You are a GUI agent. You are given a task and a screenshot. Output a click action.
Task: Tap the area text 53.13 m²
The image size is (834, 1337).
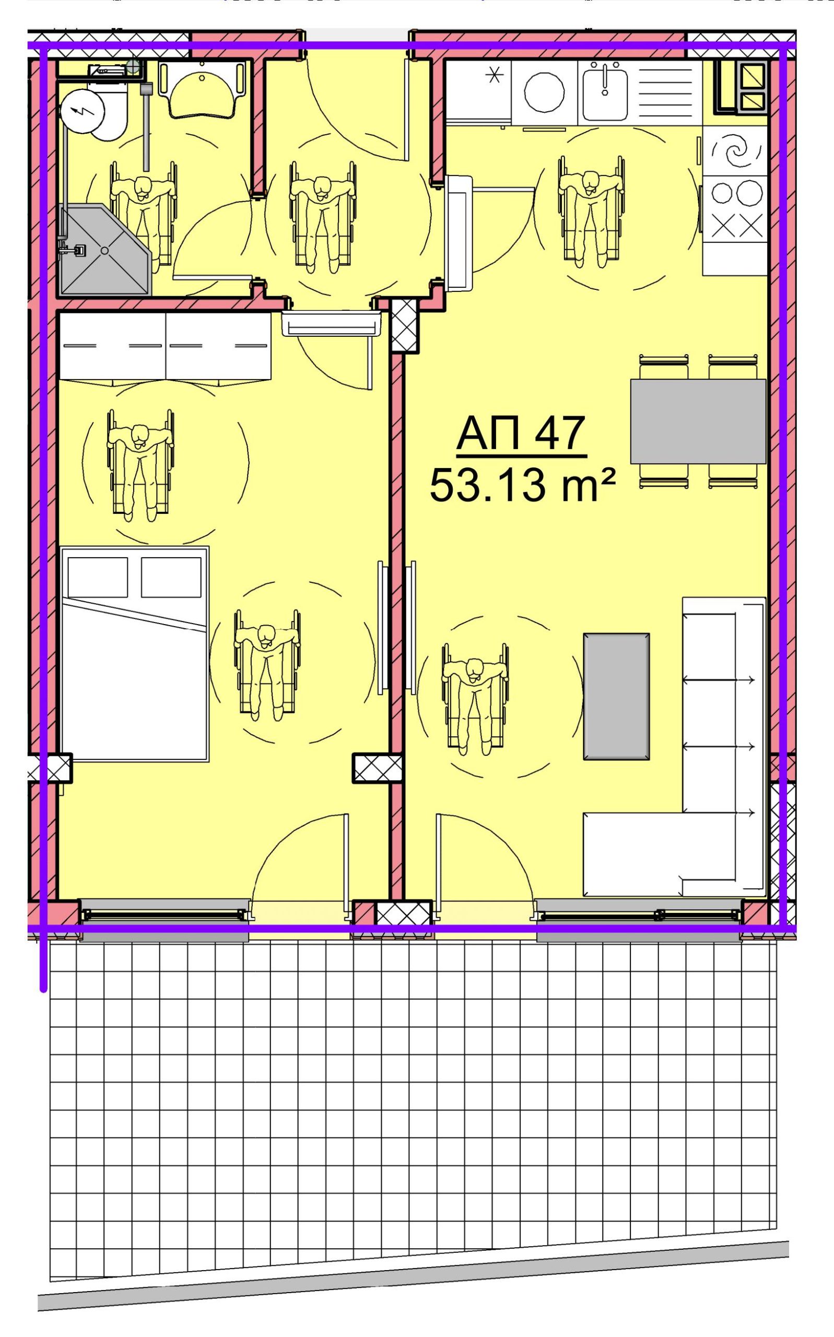(x=522, y=485)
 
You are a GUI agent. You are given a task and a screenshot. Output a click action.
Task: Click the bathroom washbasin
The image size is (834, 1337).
(x=202, y=90)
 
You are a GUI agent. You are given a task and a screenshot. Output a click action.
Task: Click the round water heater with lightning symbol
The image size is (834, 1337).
(x=82, y=111)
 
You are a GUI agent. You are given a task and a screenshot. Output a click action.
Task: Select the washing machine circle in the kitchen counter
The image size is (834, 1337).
(x=544, y=91)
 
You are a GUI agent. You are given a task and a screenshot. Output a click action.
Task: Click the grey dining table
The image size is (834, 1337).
(x=698, y=421)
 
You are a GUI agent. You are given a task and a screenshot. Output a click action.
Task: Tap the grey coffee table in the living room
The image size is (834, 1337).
(x=616, y=696)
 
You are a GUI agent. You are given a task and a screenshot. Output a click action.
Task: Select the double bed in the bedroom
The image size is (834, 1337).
(x=135, y=654)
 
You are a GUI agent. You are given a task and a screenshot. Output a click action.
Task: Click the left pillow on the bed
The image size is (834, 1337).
(x=98, y=577)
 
